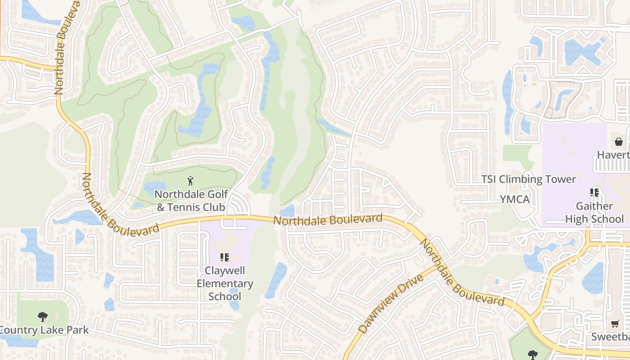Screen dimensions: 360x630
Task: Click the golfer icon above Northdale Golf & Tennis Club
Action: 190,181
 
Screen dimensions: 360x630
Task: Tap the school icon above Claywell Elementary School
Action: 224,257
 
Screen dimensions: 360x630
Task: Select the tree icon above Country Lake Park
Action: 43,316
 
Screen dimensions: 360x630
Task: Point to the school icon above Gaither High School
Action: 594,193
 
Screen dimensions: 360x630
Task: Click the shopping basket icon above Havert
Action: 619,142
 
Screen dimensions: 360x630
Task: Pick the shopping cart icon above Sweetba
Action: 615,324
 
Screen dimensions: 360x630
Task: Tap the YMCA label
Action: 515,199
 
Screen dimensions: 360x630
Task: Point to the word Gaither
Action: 594,206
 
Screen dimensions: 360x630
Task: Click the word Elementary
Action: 225,284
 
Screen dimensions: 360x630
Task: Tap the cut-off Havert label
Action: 613,155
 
